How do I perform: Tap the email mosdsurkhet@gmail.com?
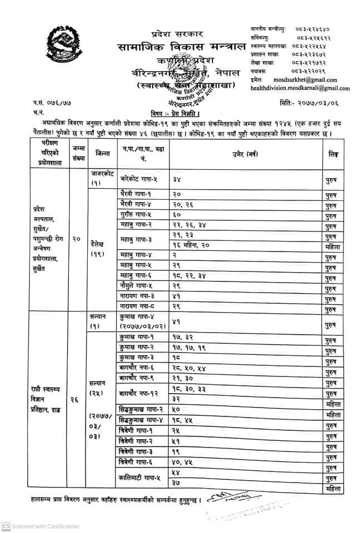coord(313,80)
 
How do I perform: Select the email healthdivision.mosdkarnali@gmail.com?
coord(300,88)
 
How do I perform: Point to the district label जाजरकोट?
coord(102,174)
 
